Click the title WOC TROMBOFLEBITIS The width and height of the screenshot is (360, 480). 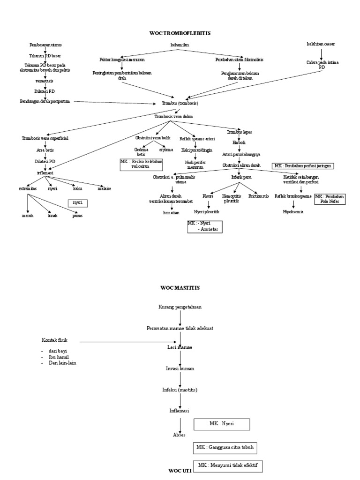180,33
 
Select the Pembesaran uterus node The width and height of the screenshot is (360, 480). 45,45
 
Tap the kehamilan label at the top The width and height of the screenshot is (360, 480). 180,45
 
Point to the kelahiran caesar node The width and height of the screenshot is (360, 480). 321,44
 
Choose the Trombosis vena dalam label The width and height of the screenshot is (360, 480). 173,116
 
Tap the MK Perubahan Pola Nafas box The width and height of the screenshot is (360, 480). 330,199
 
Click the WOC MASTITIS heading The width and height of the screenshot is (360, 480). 180,287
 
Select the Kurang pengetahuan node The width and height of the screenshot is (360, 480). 180,307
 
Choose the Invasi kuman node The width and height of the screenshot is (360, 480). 180,368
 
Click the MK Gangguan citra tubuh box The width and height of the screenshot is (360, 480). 225,448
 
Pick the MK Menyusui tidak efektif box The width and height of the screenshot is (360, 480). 229,466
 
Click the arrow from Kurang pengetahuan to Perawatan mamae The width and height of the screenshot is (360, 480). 180,318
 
